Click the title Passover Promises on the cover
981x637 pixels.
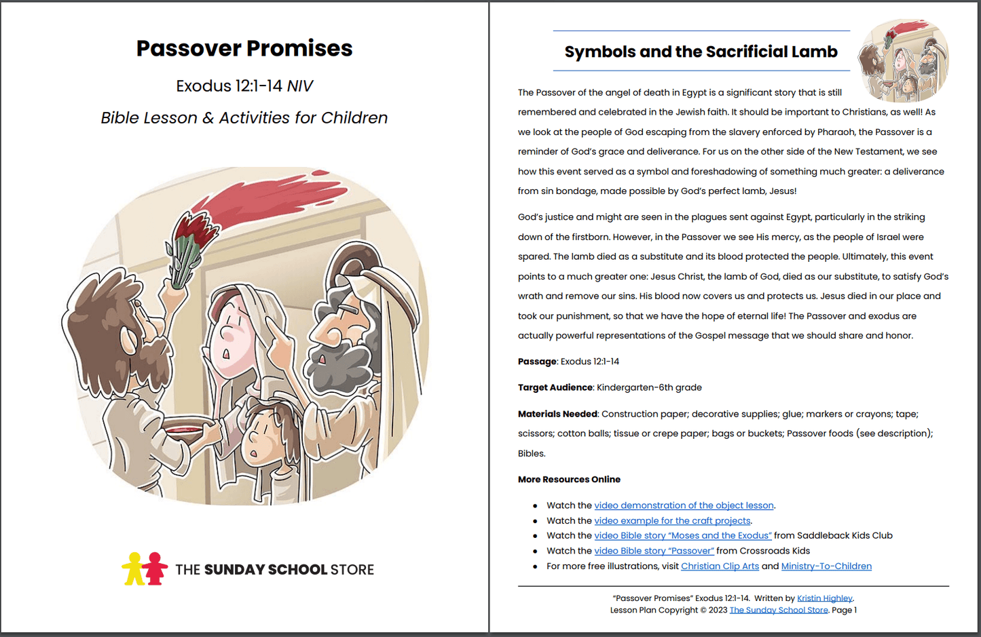[244, 48]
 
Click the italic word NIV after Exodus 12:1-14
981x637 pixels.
[300, 86]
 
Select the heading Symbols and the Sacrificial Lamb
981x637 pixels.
[701, 52]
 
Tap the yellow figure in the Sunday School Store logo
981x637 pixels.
[134, 568]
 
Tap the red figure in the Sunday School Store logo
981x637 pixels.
[155, 568]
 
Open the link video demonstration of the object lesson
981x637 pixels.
[684, 505]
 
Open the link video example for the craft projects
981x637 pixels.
[672, 521]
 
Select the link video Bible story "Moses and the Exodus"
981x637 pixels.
[682, 536]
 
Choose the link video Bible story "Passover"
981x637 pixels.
[654, 551]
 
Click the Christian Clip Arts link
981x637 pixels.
[720, 566]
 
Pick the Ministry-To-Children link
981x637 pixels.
[826, 566]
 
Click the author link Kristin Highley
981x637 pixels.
[824, 598]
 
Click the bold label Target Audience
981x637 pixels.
[555, 387]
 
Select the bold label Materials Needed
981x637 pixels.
[557, 414]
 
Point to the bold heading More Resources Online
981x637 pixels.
[569, 480]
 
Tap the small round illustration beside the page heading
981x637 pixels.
[903, 61]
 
